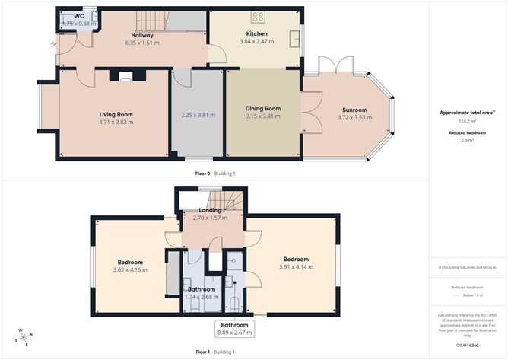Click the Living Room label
[x=116, y=114]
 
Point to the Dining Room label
[x=263, y=109]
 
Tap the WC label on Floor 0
[x=79, y=16]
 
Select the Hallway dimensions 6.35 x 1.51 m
[x=142, y=43]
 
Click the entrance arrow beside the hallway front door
[x=52, y=44]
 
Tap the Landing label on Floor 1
[x=210, y=210]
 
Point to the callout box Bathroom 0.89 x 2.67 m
[x=233, y=328]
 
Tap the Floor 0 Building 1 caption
[x=215, y=174]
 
